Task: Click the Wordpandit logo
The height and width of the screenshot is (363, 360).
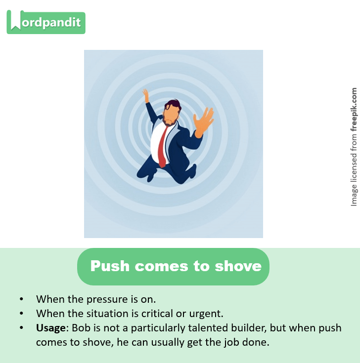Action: (x=46, y=23)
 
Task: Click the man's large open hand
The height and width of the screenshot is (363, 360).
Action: (x=203, y=121)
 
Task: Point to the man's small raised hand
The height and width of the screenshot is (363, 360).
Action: (x=146, y=95)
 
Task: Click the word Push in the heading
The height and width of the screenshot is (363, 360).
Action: (x=110, y=266)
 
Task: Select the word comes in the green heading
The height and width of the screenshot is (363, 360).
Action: (x=161, y=266)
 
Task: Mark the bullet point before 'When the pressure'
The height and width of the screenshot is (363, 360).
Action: (x=21, y=299)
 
